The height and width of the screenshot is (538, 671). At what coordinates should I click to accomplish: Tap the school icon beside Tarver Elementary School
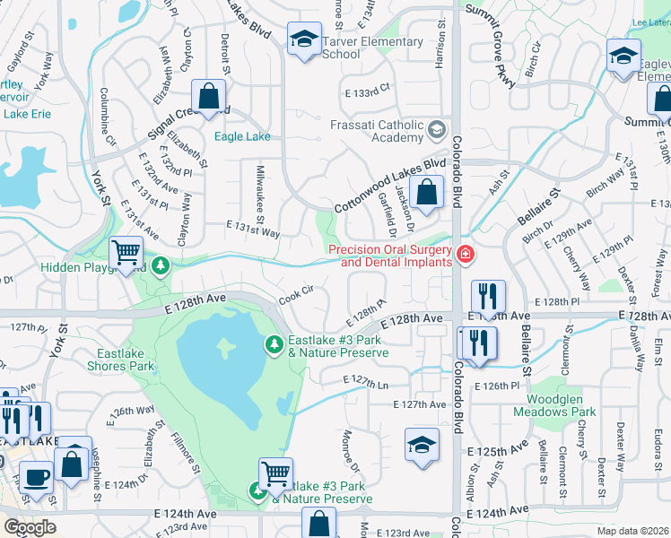(x=304, y=39)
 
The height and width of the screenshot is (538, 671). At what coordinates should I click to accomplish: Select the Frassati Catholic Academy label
(x=388, y=131)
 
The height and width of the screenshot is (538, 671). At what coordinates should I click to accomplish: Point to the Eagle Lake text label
(x=242, y=137)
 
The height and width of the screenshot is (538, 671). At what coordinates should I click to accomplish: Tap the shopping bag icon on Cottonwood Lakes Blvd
(x=427, y=192)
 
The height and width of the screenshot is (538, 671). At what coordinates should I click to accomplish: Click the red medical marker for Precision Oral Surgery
(x=465, y=256)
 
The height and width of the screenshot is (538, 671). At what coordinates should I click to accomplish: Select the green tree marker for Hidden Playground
(x=161, y=265)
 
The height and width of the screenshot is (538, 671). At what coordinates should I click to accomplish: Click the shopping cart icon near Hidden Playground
(x=126, y=253)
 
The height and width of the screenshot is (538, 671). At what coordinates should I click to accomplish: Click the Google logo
(x=30, y=526)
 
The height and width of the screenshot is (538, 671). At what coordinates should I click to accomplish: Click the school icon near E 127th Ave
(x=422, y=444)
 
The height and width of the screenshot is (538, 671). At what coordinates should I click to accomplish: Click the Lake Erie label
(x=29, y=114)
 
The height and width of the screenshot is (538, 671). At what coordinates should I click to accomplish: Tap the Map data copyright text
(x=633, y=530)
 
